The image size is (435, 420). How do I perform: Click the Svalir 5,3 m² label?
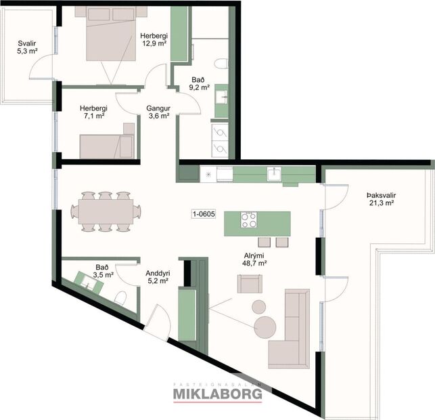pos(27,47)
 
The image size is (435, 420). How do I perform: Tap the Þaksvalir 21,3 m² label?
pos(382,198)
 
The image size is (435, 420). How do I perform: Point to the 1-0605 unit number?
pos(203,215)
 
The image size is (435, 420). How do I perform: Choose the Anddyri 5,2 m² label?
pos(158,278)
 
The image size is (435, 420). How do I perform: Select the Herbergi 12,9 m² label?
pos(154,40)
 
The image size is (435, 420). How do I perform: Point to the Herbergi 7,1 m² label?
pos(92,112)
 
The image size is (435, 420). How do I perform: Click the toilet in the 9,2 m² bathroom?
pos(221,64)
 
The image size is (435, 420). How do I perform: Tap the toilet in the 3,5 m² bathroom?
pos(120,300)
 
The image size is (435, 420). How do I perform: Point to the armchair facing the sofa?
pos(248,283)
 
